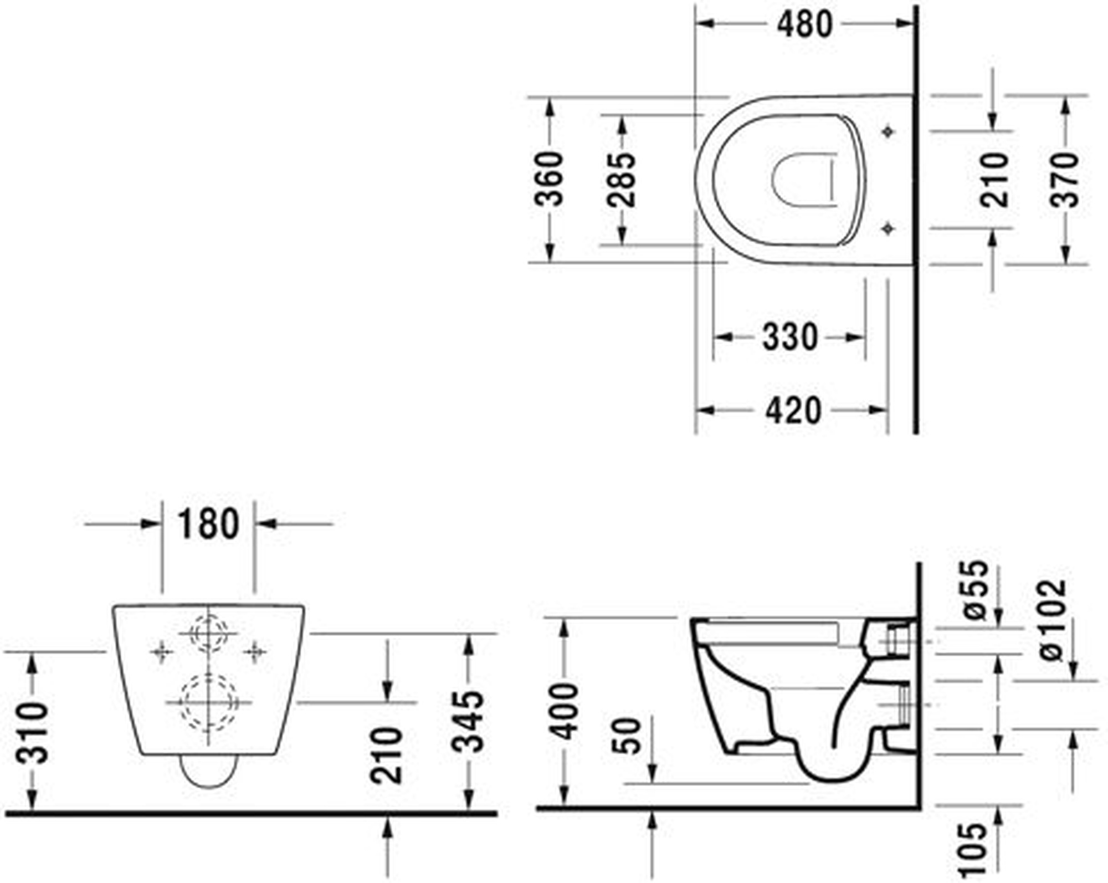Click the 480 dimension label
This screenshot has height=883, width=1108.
pyautogui.click(x=804, y=24)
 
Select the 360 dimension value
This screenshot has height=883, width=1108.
pyautogui.click(x=549, y=178)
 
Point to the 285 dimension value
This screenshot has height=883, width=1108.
pyautogui.click(x=621, y=179)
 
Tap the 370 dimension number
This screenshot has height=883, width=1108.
pyautogui.click(x=1065, y=180)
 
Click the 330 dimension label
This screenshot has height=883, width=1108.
pyautogui.click(x=789, y=336)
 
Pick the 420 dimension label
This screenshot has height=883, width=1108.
pyautogui.click(x=793, y=411)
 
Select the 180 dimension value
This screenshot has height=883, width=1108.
pyautogui.click(x=208, y=524)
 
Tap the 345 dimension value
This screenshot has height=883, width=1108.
pyautogui.click(x=468, y=721)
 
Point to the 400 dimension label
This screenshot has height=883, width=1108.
pyautogui.click(x=565, y=712)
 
